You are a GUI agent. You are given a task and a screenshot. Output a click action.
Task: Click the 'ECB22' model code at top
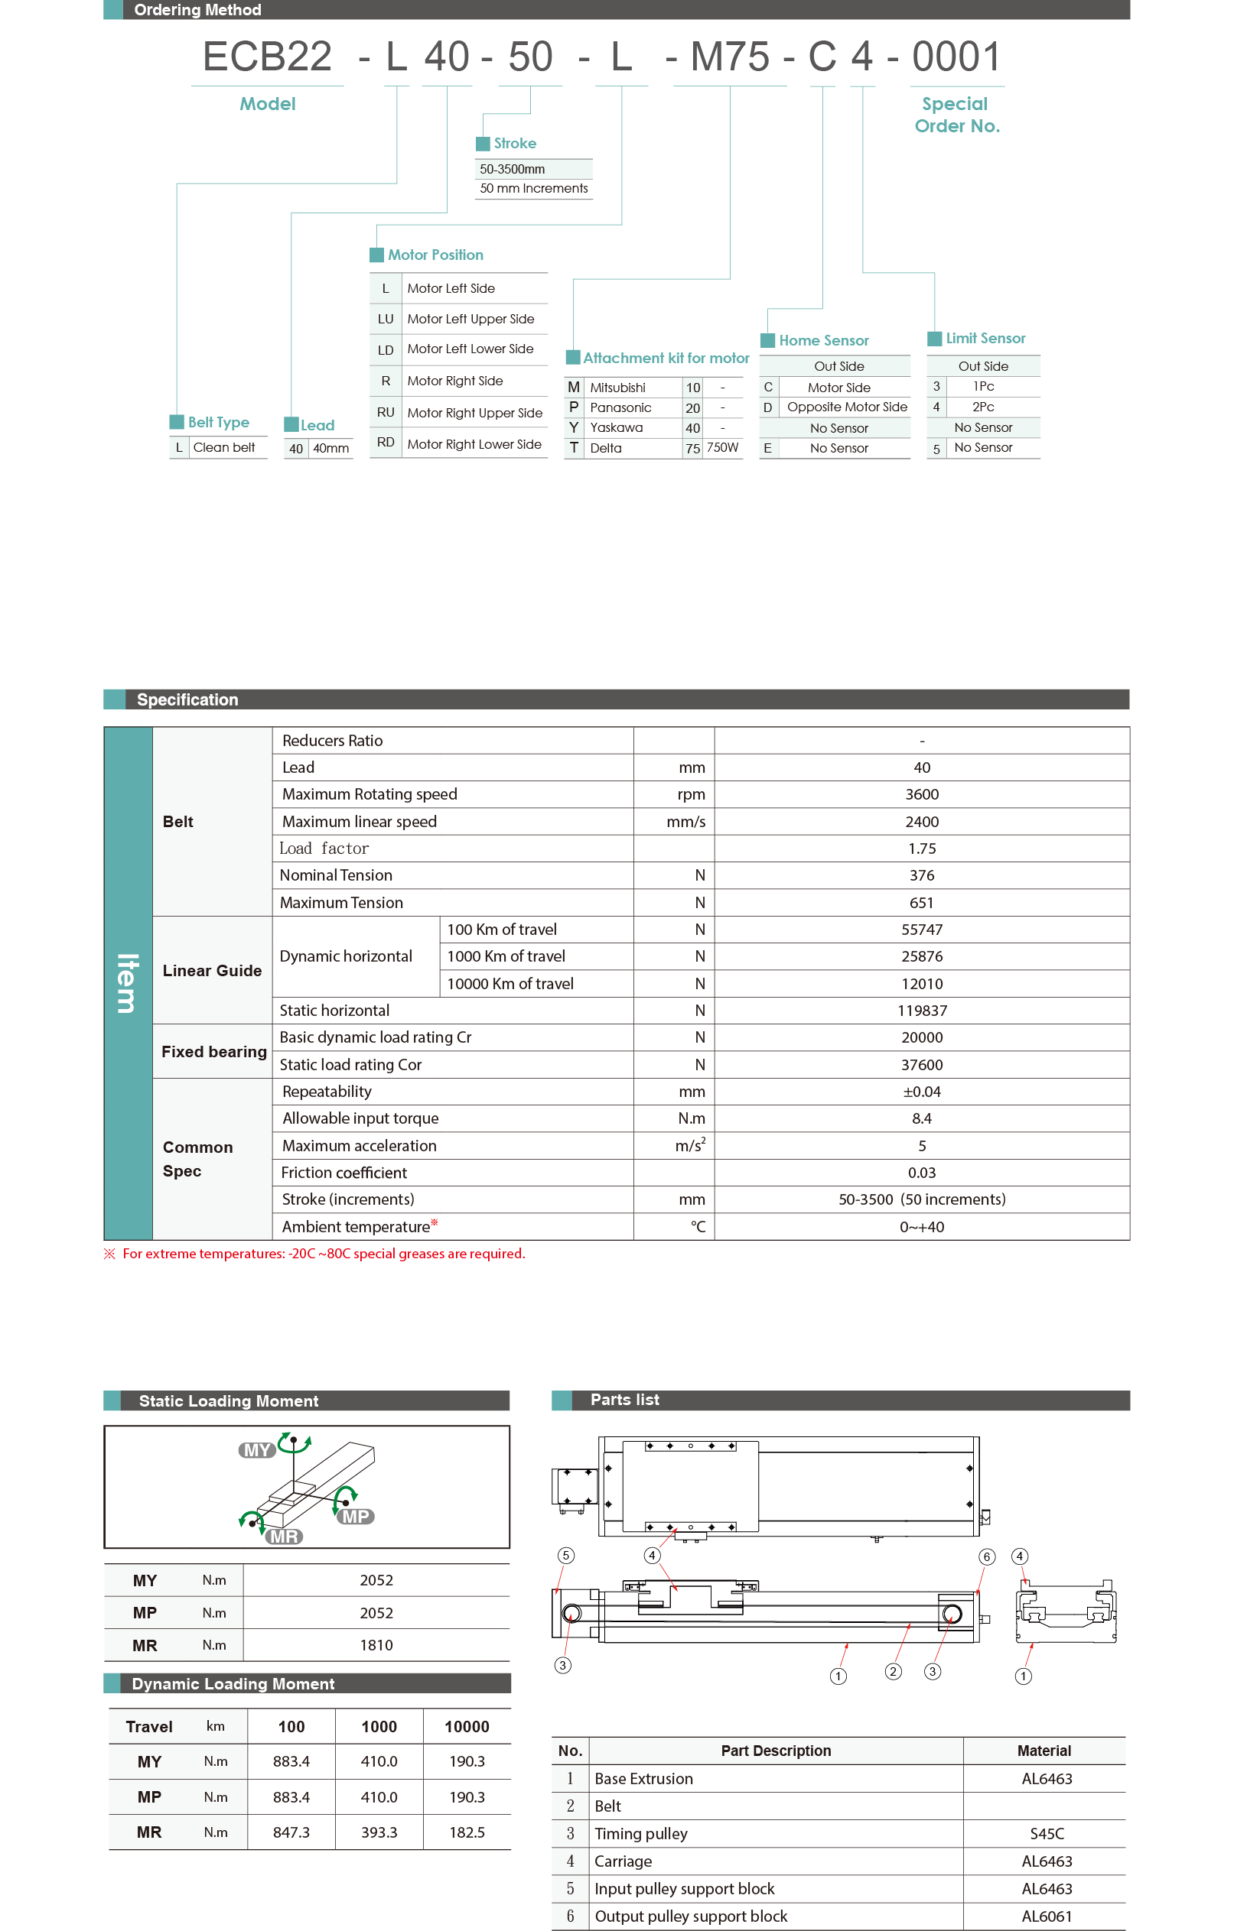pyautogui.click(x=267, y=57)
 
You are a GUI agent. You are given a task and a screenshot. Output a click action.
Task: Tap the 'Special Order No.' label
pyautogui.click(x=956, y=115)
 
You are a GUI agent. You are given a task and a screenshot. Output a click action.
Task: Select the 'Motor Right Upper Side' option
pyautogui.click(x=474, y=413)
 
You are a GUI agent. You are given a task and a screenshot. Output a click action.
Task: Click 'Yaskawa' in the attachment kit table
pyautogui.click(x=616, y=428)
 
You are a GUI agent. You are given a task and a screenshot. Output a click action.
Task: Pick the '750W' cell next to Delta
pyautogui.click(x=722, y=447)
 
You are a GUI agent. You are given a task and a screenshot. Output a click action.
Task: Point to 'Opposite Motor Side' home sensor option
pyautogui.click(x=846, y=407)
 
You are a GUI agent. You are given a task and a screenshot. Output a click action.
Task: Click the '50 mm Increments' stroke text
pyautogui.click(x=533, y=189)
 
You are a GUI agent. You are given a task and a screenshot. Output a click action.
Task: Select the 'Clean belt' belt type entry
pyautogui.click(x=224, y=447)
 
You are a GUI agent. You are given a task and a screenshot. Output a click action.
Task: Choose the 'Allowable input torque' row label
pyautogui.click(x=360, y=1118)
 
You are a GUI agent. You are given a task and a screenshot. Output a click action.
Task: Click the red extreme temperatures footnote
pyautogui.click(x=324, y=1254)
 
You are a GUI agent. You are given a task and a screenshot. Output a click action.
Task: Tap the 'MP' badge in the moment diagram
pyautogui.click(x=356, y=1517)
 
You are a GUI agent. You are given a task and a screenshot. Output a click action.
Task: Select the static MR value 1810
pyautogui.click(x=376, y=1646)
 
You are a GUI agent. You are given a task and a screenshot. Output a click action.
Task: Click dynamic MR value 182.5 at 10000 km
pyautogui.click(x=466, y=1832)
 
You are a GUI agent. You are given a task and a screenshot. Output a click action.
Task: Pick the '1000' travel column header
pyautogui.click(x=379, y=1727)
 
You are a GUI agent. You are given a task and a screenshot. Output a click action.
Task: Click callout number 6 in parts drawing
pyautogui.click(x=986, y=1556)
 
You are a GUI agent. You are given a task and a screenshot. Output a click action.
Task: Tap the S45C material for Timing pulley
pyautogui.click(x=1047, y=1834)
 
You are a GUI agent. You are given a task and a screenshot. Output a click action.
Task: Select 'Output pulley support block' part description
pyautogui.click(x=691, y=1916)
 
